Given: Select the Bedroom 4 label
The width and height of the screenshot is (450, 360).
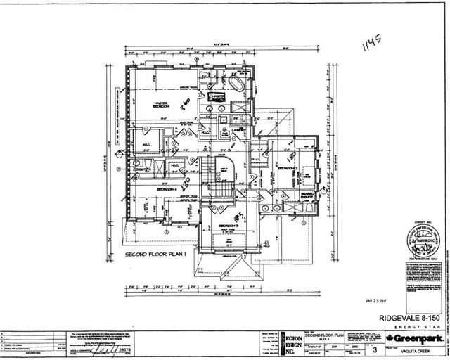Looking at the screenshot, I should (x=167, y=190).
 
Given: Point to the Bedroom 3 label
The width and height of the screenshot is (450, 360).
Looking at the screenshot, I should (x=230, y=228).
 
